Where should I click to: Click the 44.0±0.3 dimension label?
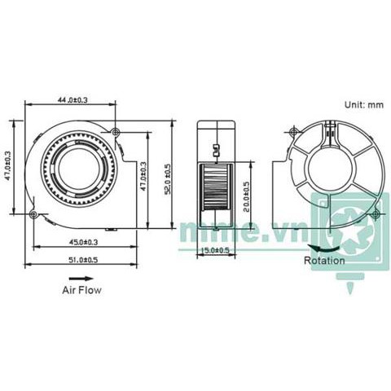(x=73, y=99)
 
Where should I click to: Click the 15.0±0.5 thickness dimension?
(x=215, y=251)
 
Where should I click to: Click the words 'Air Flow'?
(x=82, y=289)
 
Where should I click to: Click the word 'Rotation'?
(x=323, y=261)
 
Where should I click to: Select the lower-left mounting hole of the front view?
(x=33, y=214)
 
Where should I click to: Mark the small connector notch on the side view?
(x=216, y=150)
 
